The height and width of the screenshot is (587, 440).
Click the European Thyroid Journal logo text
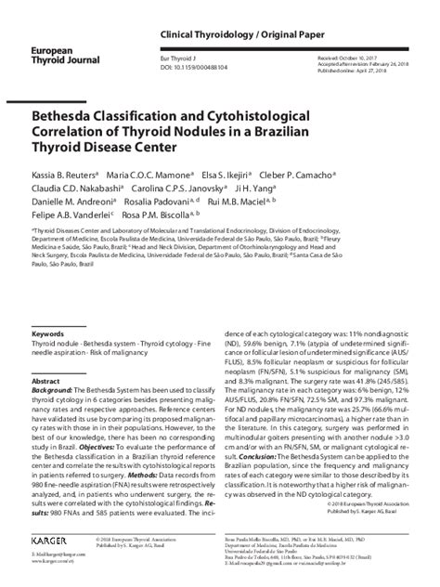click(58, 49)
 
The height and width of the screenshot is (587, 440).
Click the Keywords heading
click(47, 333)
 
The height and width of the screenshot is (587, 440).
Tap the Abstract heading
click(45, 382)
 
